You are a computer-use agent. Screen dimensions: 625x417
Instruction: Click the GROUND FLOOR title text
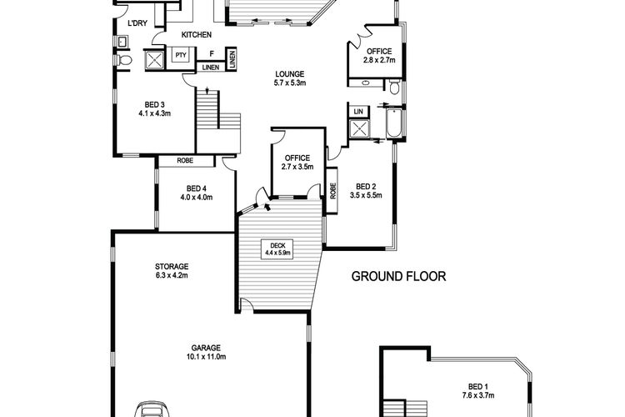coord(398,276)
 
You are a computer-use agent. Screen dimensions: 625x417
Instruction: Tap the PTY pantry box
coord(181,55)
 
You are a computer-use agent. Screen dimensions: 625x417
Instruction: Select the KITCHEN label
coord(197,35)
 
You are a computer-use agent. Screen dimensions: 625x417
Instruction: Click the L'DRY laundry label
coord(137,23)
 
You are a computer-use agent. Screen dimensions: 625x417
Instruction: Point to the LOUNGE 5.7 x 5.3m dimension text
coord(290,83)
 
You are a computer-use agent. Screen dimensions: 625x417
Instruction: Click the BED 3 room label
coord(155,104)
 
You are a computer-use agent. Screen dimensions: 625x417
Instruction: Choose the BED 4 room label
coord(197,188)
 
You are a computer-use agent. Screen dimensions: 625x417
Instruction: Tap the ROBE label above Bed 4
coord(185,160)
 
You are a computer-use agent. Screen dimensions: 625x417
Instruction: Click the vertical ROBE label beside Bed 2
coord(332,191)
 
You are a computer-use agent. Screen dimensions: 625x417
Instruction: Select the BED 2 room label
coord(366,186)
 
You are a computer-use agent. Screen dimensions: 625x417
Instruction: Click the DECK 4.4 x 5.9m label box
coord(277,249)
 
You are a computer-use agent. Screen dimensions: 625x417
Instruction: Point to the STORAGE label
coord(172,266)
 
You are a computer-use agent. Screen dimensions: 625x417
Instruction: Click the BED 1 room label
coord(478,386)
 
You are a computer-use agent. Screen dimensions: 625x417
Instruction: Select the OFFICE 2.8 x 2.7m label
coord(379,56)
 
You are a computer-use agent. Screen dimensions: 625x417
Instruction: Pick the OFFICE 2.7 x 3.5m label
coord(297,163)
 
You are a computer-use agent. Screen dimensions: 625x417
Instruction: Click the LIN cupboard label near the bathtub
coord(358,112)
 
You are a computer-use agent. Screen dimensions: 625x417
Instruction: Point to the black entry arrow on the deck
coord(267,206)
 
